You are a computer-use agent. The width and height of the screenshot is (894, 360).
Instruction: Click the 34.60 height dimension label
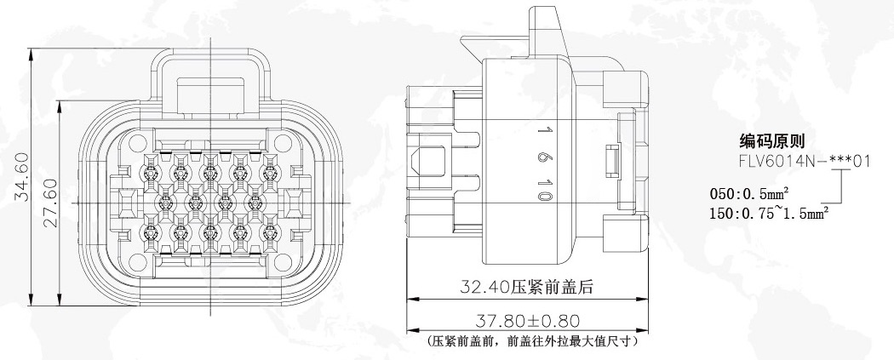point(21,176)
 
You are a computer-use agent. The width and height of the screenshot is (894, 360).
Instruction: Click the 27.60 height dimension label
point(51,203)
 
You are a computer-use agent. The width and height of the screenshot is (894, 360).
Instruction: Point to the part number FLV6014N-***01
point(805,161)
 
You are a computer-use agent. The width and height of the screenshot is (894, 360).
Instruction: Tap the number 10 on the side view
point(545,189)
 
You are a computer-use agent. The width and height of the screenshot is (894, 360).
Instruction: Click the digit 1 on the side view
point(545,130)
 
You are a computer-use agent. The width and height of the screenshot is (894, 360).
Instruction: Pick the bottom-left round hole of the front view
point(138,262)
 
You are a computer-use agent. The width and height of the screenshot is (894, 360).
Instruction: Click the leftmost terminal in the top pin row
point(151,171)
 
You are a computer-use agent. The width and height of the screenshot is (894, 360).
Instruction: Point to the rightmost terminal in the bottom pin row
point(270,233)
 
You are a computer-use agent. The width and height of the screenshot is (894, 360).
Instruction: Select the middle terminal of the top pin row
point(210,171)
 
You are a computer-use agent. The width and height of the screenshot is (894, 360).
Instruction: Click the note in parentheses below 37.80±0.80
point(531,342)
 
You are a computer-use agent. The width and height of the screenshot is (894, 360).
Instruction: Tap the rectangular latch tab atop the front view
point(210,95)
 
